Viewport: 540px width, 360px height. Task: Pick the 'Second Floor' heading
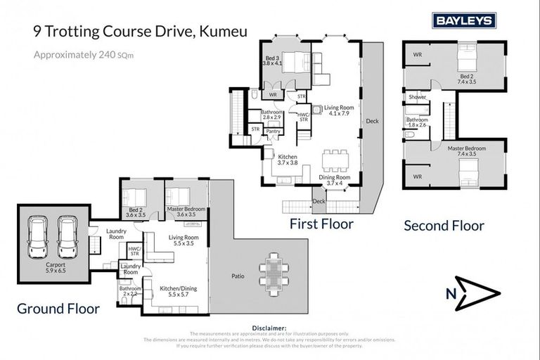[444, 226]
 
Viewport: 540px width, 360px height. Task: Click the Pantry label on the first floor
[274, 131]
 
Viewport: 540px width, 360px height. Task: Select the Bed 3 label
[271, 59]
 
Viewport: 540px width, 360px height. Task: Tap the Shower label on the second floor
[418, 97]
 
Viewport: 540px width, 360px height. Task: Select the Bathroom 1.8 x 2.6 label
[418, 122]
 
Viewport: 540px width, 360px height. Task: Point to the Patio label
[238, 276]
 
